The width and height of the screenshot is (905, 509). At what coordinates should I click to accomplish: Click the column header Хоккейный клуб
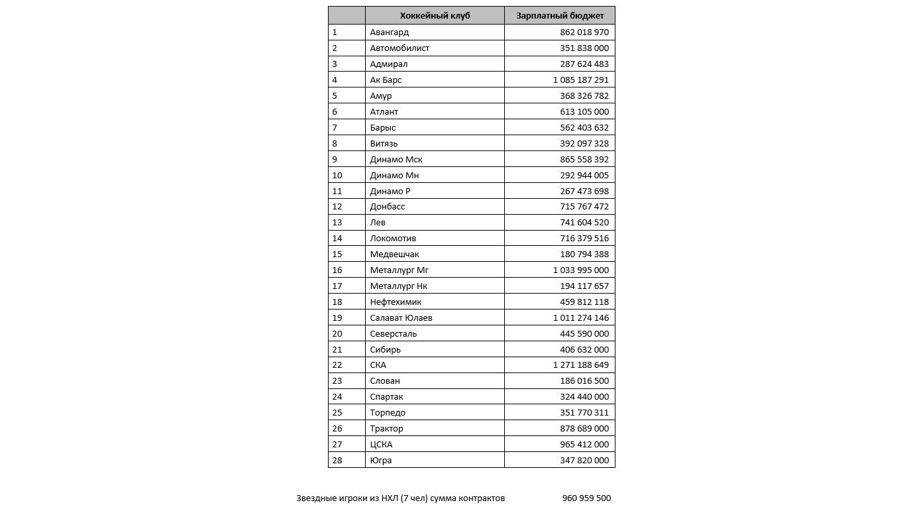pyautogui.click(x=435, y=16)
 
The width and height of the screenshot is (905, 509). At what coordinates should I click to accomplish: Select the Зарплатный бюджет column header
pyautogui.click(x=560, y=16)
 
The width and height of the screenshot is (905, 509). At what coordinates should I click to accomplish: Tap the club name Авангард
pyautogui.click(x=390, y=32)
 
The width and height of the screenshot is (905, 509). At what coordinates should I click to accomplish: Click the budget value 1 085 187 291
pyautogui.click(x=581, y=80)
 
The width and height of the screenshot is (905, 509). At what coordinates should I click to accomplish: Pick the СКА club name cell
pyautogui.click(x=378, y=365)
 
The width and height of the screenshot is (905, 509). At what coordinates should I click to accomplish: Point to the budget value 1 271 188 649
pyautogui.click(x=581, y=365)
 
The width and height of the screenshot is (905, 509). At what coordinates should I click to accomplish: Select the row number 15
pyautogui.click(x=337, y=254)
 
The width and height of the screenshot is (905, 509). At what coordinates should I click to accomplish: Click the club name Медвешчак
pyautogui.click(x=394, y=254)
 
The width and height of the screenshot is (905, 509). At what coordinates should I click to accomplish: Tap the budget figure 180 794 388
pyautogui.click(x=584, y=254)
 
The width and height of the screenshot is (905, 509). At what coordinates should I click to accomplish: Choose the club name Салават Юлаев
pyautogui.click(x=401, y=318)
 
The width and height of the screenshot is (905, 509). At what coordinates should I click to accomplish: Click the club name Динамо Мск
pyautogui.click(x=396, y=159)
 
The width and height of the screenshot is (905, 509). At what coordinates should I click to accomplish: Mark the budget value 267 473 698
pyautogui.click(x=584, y=191)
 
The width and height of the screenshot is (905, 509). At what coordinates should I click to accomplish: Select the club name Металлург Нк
pyautogui.click(x=399, y=286)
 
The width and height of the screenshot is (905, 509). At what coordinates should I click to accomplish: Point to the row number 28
pyautogui.click(x=337, y=461)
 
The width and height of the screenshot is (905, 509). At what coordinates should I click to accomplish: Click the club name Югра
pyautogui.click(x=381, y=461)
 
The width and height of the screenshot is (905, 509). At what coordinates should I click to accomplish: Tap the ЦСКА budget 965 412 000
pyautogui.click(x=584, y=445)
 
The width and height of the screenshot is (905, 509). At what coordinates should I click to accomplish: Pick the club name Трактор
pyautogui.click(x=386, y=429)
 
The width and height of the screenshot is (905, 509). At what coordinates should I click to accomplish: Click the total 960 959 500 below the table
pyautogui.click(x=586, y=498)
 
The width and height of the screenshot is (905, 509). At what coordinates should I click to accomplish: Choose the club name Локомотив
pyautogui.click(x=393, y=239)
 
